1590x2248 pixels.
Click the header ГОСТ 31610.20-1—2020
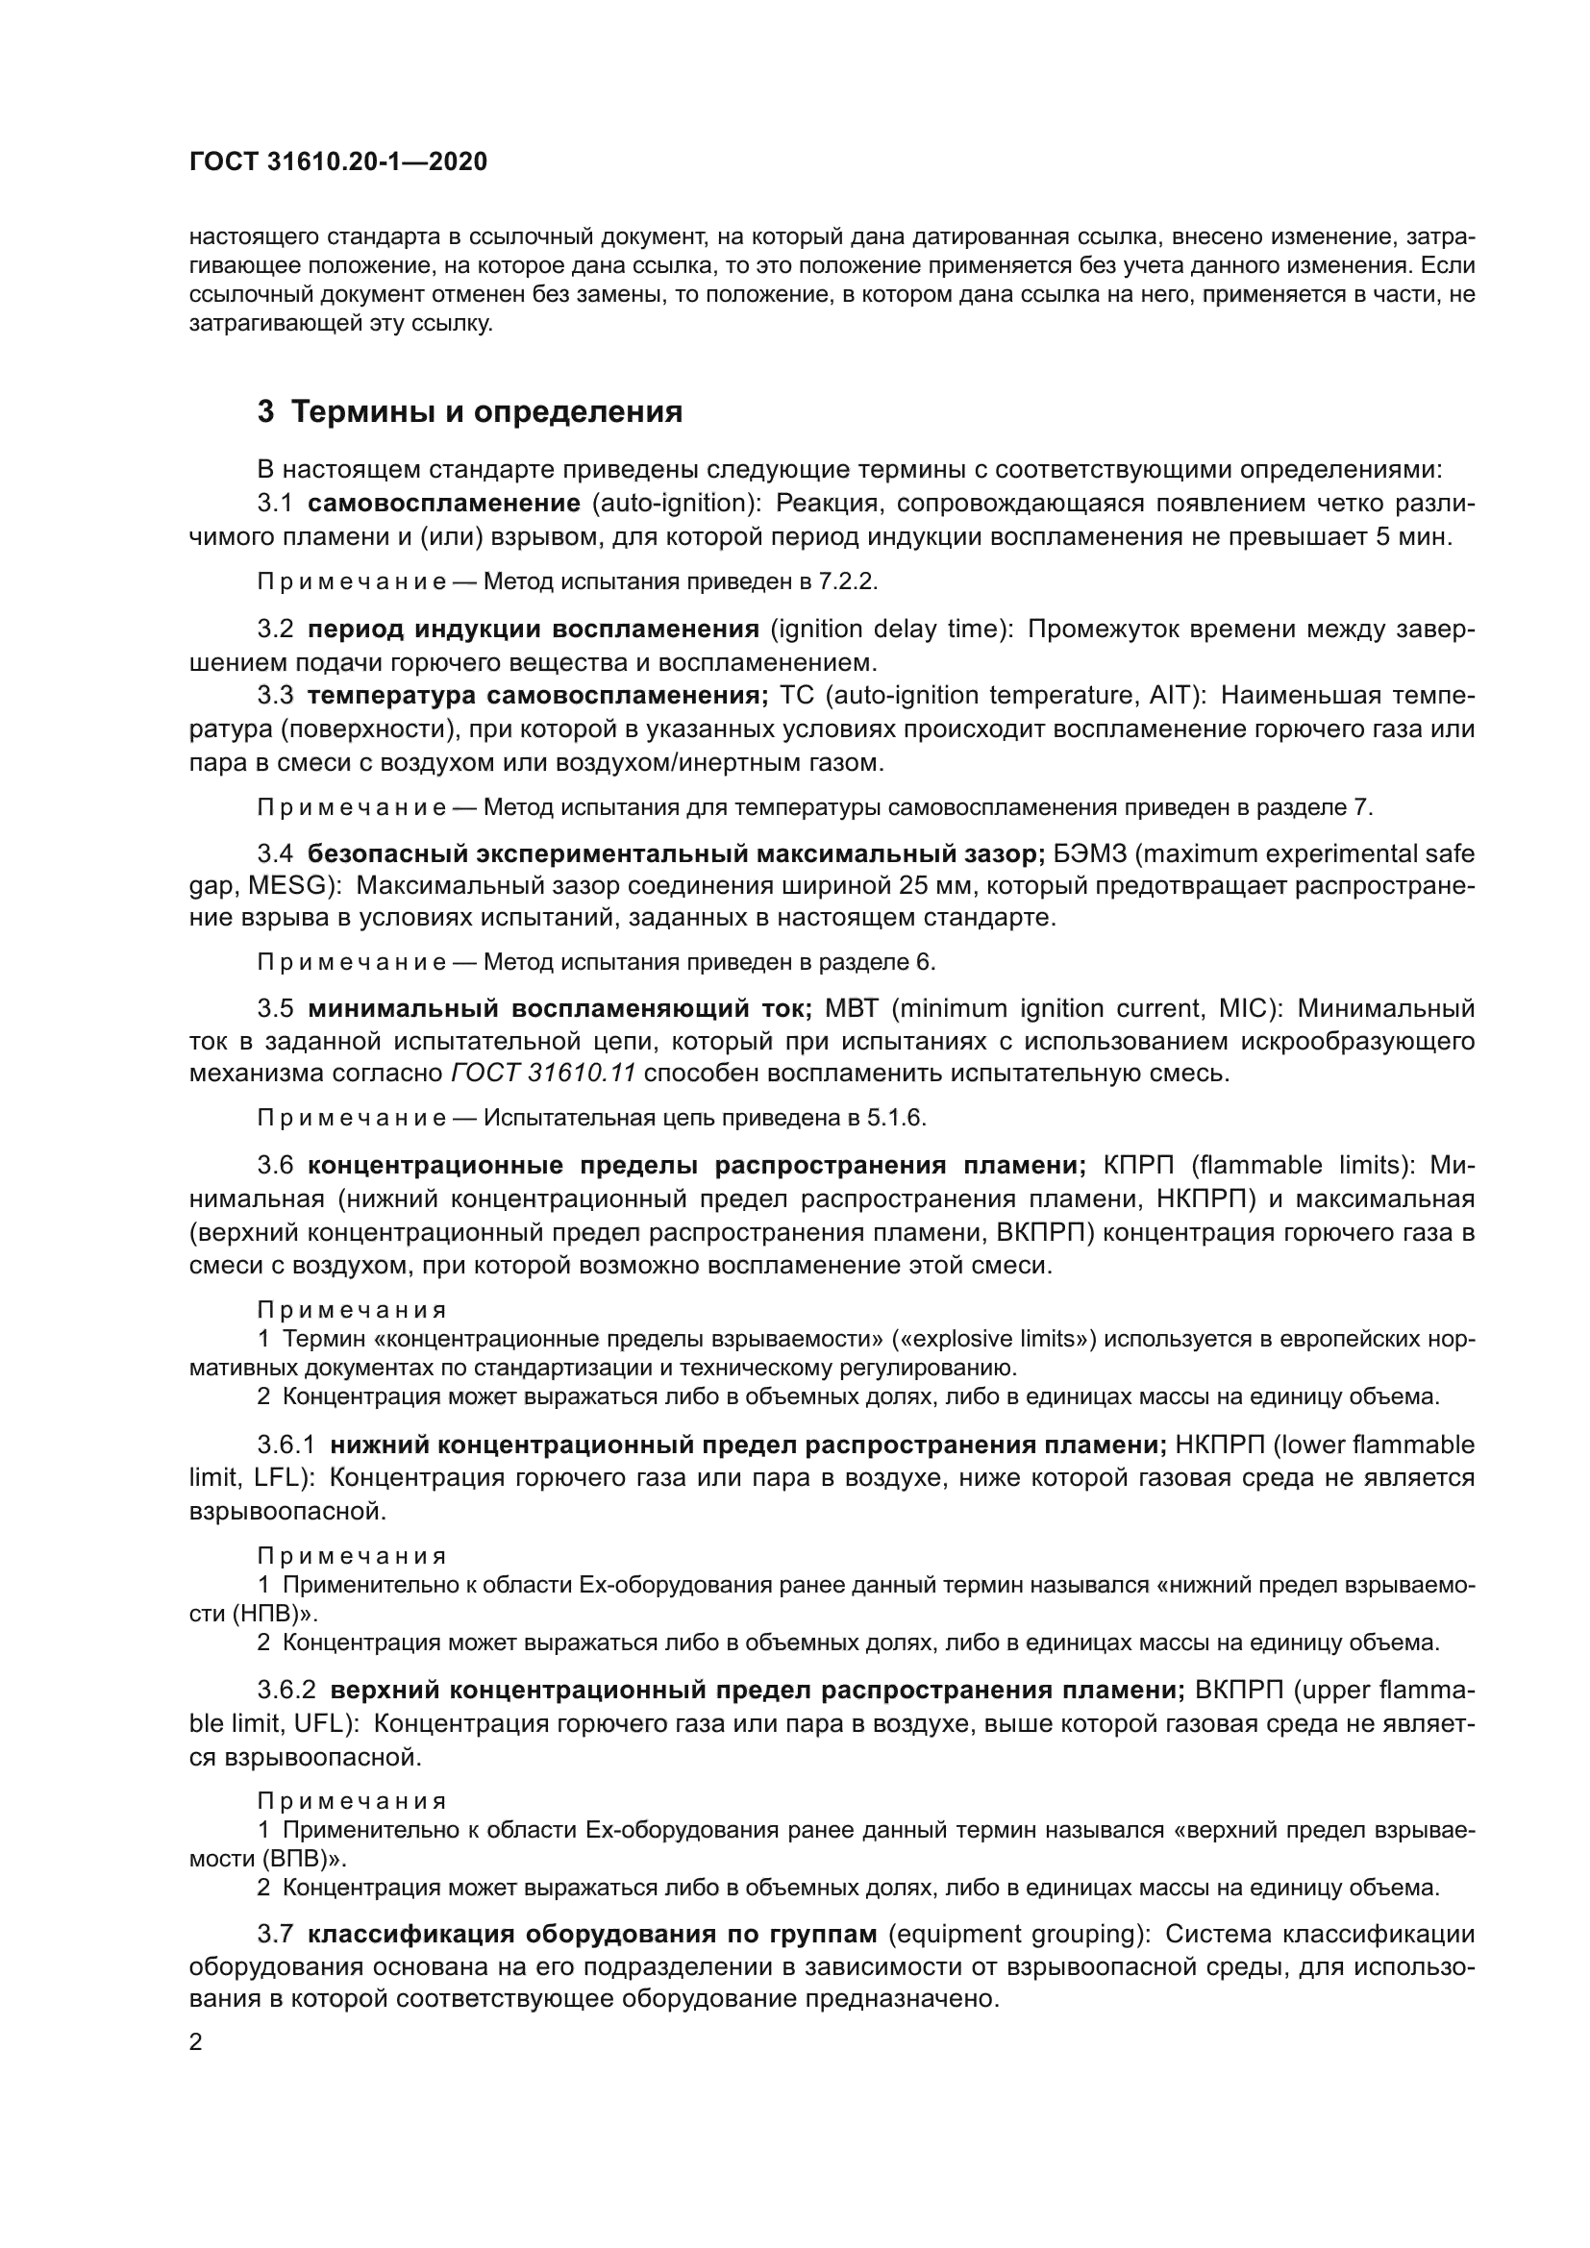(x=337, y=162)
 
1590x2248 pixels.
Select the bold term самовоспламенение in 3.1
(x=443, y=504)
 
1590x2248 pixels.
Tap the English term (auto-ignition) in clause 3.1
(x=670, y=504)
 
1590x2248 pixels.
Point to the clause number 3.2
(x=275, y=629)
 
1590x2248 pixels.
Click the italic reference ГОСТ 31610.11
(x=543, y=1074)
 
